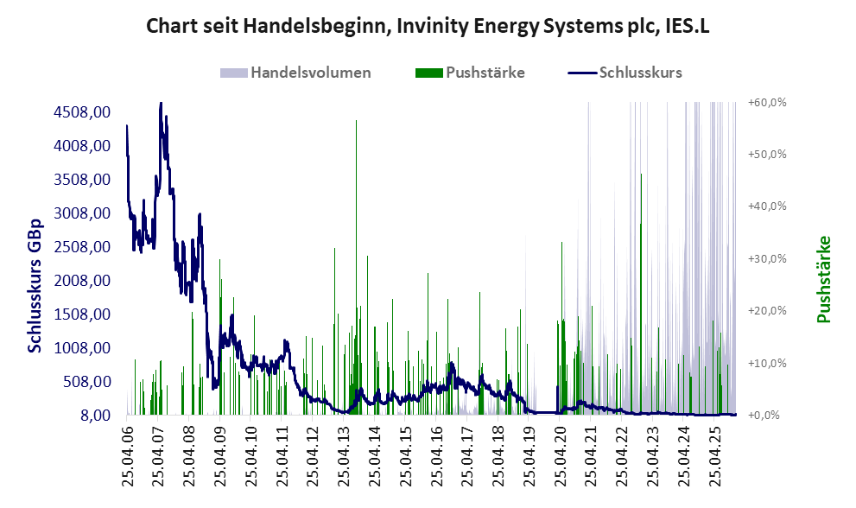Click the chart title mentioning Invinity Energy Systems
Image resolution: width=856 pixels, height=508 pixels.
(x=428, y=27)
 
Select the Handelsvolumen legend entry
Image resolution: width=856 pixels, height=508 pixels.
(x=311, y=73)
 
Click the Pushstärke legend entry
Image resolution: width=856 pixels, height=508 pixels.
(x=484, y=73)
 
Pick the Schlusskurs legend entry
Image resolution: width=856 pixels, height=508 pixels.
(x=640, y=73)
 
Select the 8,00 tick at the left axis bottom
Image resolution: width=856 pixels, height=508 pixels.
(x=93, y=416)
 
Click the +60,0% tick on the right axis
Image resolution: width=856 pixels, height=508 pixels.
(x=768, y=102)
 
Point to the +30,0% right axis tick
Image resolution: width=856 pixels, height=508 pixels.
(x=768, y=258)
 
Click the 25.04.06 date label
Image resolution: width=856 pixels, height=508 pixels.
(x=127, y=453)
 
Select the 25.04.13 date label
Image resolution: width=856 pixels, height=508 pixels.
(x=344, y=453)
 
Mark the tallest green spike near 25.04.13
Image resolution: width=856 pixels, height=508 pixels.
(x=356, y=123)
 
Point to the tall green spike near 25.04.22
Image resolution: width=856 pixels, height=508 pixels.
(x=641, y=176)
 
